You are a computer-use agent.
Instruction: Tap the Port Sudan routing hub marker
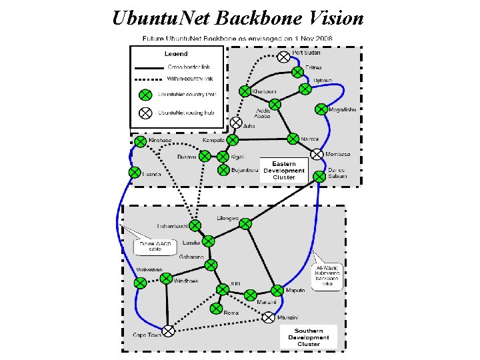tap(283, 57)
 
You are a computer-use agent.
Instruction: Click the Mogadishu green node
tap(322, 109)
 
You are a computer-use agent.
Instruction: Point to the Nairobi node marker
tap(293, 138)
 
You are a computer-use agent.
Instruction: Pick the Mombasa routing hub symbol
tap(317, 155)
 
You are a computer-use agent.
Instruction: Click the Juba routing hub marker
tap(236, 123)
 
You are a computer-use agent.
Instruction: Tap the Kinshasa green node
tap(140, 141)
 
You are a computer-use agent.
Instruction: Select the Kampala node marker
tap(232, 140)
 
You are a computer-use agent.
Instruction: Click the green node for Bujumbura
tap(224, 170)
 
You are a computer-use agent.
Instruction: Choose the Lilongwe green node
tap(245, 223)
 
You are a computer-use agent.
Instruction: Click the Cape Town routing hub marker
tap(169, 330)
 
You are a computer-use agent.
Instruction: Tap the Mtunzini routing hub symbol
tap(268, 318)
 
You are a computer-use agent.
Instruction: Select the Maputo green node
tap(277, 291)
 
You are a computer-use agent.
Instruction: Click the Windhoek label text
tap(186, 281)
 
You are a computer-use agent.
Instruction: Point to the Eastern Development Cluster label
tap(283, 170)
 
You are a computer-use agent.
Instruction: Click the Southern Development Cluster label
tap(309, 337)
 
